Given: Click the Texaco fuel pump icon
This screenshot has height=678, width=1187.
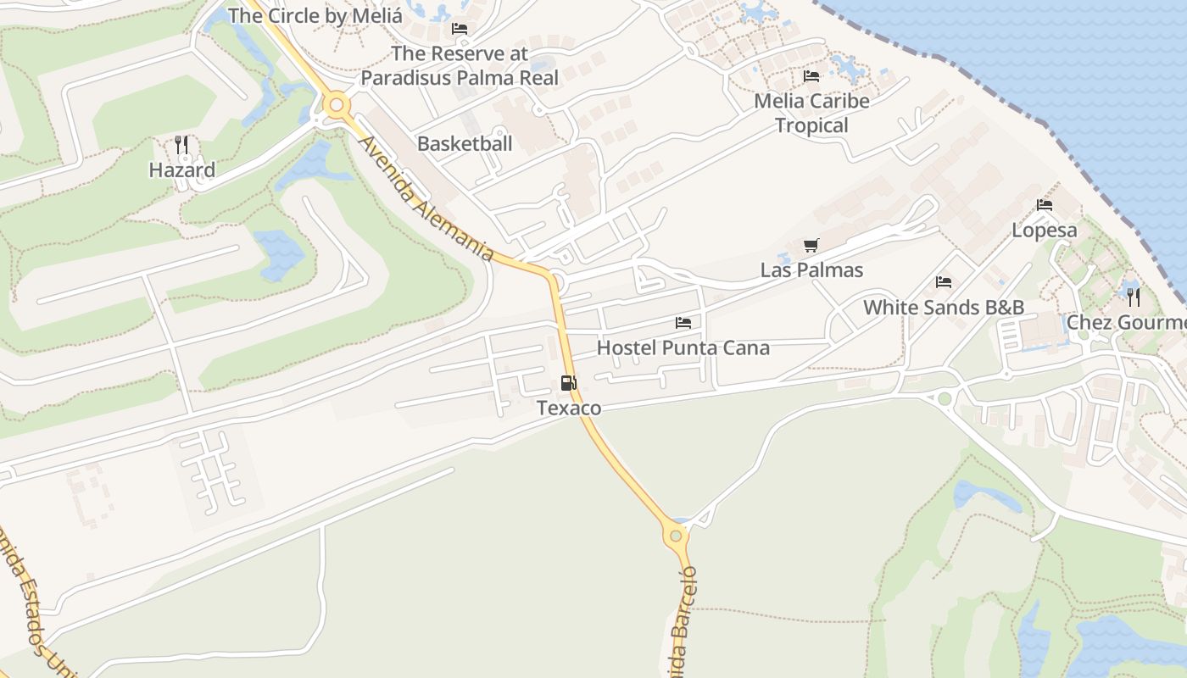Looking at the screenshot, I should pyautogui.click(x=568, y=383).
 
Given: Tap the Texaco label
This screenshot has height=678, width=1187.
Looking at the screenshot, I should pyautogui.click(x=569, y=408).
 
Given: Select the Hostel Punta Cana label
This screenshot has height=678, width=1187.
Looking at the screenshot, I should pyautogui.click(x=683, y=347).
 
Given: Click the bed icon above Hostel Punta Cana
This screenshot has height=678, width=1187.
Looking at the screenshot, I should pyautogui.click(x=683, y=323).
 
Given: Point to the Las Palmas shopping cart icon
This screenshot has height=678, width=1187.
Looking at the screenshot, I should pyautogui.click(x=811, y=246).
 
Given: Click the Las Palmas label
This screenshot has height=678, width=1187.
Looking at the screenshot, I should pyautogui.click(x=811, y=270).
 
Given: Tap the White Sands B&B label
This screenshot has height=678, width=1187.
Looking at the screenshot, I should pyautogui.click(x=943, y=307).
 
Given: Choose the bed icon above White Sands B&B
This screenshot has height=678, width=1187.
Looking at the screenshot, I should pyautogui.click(x=943, y=282).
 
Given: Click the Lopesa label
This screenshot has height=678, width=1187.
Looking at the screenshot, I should pyautogui.click(x=1044, y=230).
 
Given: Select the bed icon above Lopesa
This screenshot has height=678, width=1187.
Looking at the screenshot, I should pyautogui.click(x=1044, y=205).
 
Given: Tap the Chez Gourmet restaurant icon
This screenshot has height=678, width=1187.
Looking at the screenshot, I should pyautogui.click(x=1134, y=297).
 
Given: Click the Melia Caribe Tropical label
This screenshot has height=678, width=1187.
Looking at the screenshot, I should pyautogui.click(x=811, y=113).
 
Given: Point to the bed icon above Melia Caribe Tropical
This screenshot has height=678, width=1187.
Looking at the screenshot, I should pyautogui.click(x=811, y=76).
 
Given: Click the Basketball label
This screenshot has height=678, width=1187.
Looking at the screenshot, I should pyautogui.click(x=465, y=143).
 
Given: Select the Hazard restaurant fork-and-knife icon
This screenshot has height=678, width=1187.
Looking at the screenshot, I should pyautogui.click(x=181, y=145).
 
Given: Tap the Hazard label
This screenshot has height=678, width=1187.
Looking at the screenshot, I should pyautogui.click(x=181, y=169).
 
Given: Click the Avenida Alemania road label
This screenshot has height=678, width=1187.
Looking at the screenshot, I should pyautogui.click(x=426, y=199).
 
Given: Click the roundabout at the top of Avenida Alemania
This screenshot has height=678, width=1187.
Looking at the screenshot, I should pyautogui.click(x=337, y=106).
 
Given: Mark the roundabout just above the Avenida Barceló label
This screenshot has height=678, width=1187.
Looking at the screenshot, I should pyautogui.click(x=676, y=535).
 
